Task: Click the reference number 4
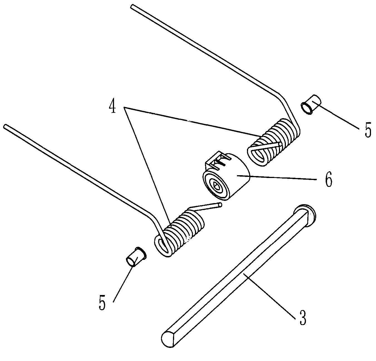tap(112, 107)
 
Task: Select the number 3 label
tap(303, 318)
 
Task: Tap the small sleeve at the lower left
tap(136, 257)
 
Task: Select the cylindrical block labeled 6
tap(226, 176)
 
